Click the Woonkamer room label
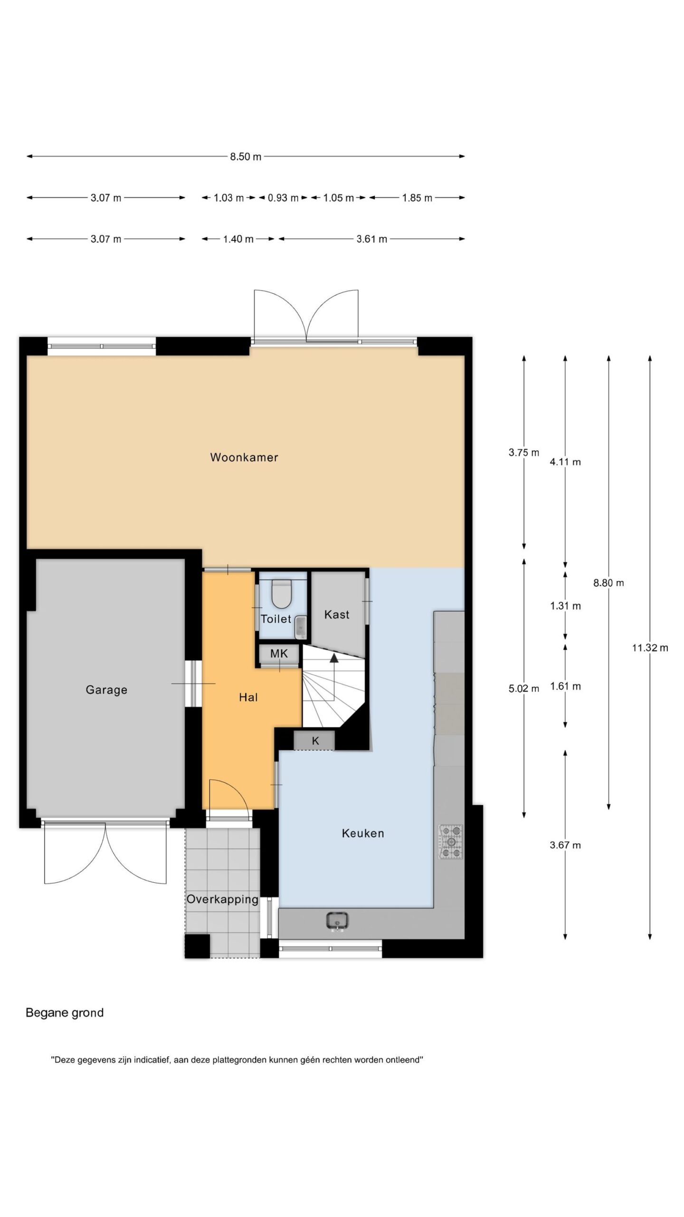244,457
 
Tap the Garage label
106,690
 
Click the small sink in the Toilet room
301,627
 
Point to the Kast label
337,615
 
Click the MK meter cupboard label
279,654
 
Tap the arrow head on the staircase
334,658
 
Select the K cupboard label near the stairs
315,741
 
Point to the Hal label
248,697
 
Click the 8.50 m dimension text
246,156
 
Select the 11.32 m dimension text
650,647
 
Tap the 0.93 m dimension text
283,198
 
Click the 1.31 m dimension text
565,606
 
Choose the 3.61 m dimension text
372,239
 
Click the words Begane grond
65,1013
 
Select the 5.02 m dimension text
524,688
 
